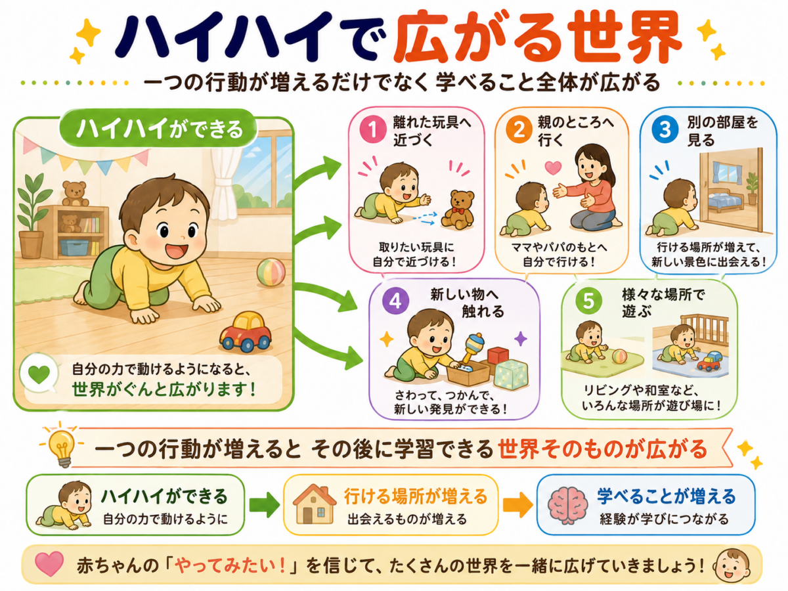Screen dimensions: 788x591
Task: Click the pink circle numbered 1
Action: (x=372, y=130)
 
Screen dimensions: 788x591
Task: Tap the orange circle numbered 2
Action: (x=519, y=129)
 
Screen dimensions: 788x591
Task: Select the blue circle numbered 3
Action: (x=665, y=129)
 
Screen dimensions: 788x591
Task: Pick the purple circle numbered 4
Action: (x=395, y=301)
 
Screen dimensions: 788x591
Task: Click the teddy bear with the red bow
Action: (x=458, y=210)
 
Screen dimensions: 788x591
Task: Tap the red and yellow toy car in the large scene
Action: (x=246, y=331)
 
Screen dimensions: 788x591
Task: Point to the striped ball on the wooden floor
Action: (x=271, y=273)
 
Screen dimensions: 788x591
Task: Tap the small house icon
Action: (x=315, y=504)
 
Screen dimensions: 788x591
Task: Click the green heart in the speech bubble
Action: (x=39, y=374)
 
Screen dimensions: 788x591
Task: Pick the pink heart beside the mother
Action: (x=553, y=167)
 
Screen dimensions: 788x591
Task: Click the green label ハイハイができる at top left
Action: (x=159, y=128)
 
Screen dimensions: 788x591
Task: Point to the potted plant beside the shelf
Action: (x=33, y=216)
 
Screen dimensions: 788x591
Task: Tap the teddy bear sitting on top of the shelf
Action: (x=75, y=194)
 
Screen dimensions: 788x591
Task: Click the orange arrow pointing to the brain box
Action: (x=517, y=505)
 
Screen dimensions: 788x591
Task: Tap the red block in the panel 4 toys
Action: (x=498, y=356)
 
